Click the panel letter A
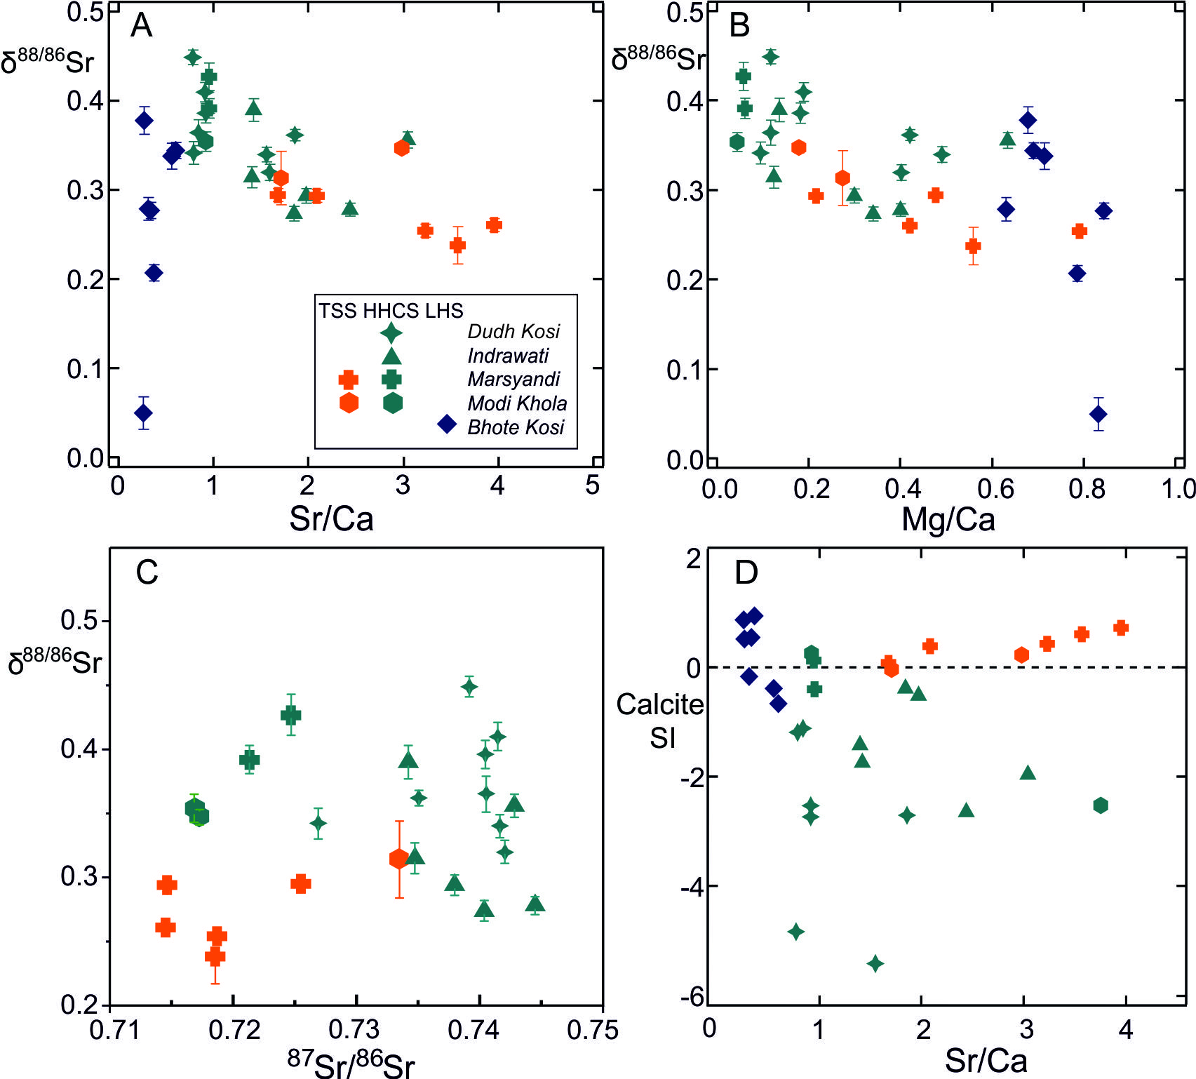pyautogui.click(x=141, y=26)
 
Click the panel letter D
pyautogui.click(x=746, y=572)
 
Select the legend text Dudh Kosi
pyautogui.click(x=513, y=331)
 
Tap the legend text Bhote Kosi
pyautogui.click(x=516, y=427)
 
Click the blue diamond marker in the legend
pyautogui.click(x=447, y=424)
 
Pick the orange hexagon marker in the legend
pyautogui.click(x=349, y=403)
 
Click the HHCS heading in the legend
pyautogui.click(x=392, y=311)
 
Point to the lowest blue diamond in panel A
pyautogui.click(x=143, y=413)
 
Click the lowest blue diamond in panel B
pyautogui.click(x=1098, y=415)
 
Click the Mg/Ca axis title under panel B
pyautogui.click(x=948, y=520)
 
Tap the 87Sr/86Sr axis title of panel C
pyautogui.click(x=351, y=1063)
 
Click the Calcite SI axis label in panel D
pyautogui.click(x=659, y=721)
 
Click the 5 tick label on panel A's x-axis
pyautogui.click(x=593, y=485)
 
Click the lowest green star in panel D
pyautogui.click(x=875, y=964)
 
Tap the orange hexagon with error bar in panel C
pyautogui.click(x=399, y=859)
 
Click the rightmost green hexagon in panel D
pyautogui.click(x=1101, y=805)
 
